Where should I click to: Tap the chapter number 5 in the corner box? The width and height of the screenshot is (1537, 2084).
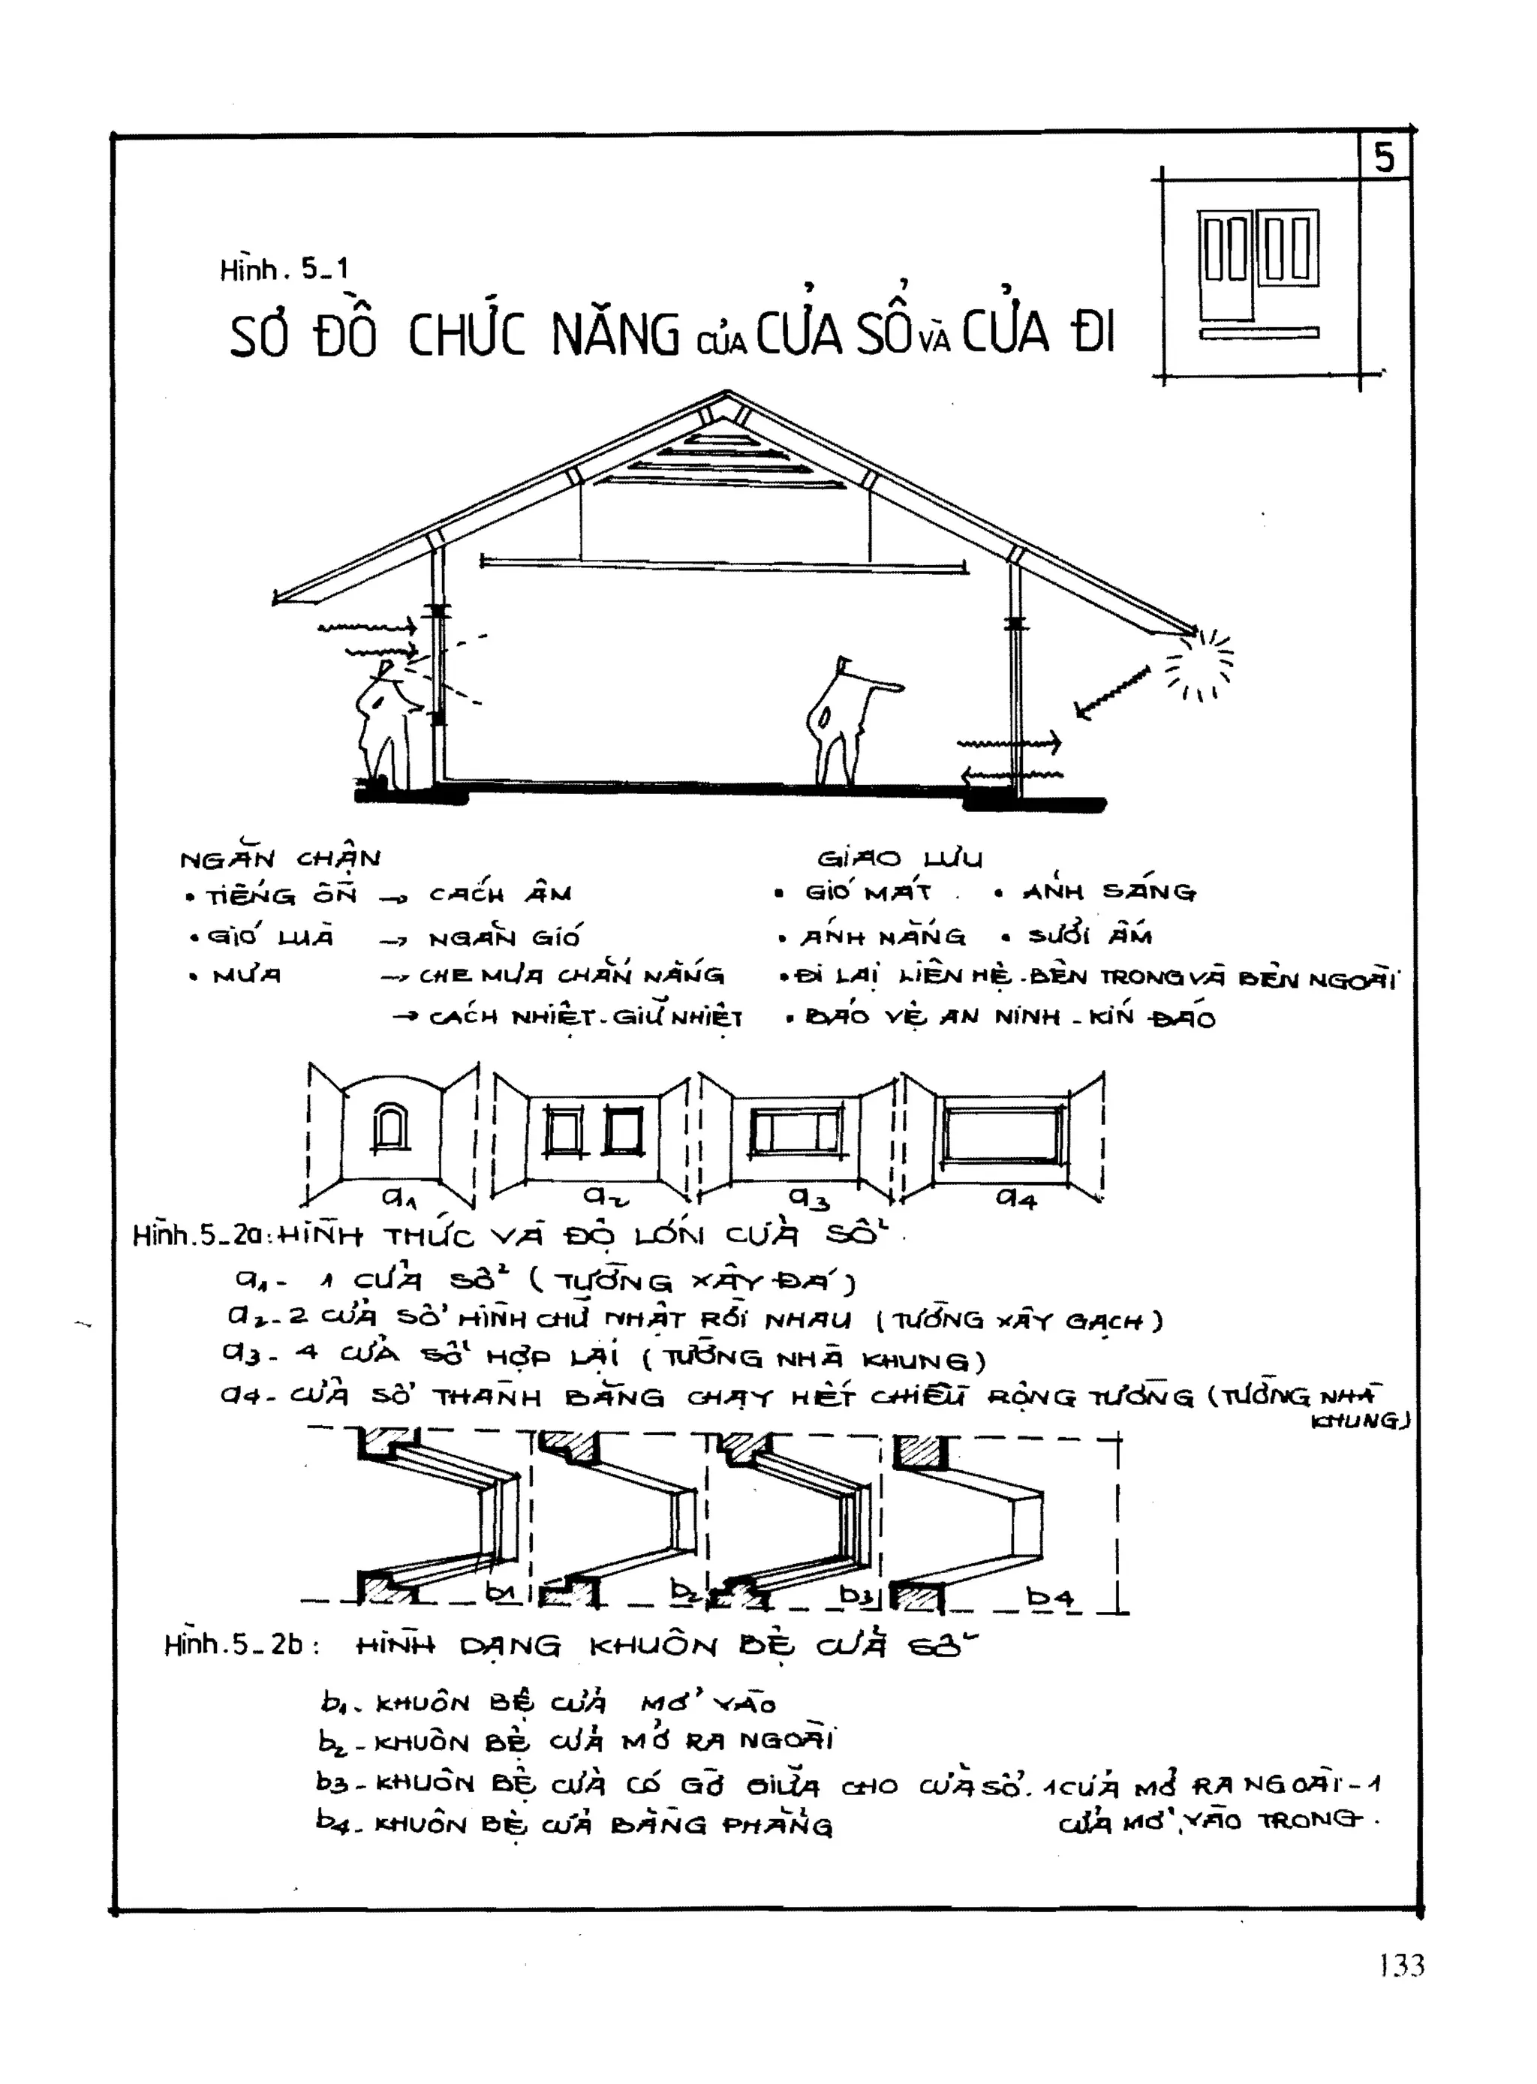(1385, 158)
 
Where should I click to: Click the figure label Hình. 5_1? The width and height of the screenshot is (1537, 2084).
(284, 270)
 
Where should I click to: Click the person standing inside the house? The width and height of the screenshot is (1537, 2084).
(842, 721)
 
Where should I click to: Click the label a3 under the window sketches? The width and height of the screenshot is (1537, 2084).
(808, 1198)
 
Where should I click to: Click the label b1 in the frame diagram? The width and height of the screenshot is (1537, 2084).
(501, 1592)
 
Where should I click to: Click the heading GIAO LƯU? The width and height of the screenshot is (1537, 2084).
(900, 858)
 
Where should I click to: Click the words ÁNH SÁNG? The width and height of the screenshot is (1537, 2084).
(1109, 892)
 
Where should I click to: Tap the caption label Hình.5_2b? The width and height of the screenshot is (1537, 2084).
(233, 1644)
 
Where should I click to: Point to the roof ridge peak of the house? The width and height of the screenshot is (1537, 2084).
(727, 395)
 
